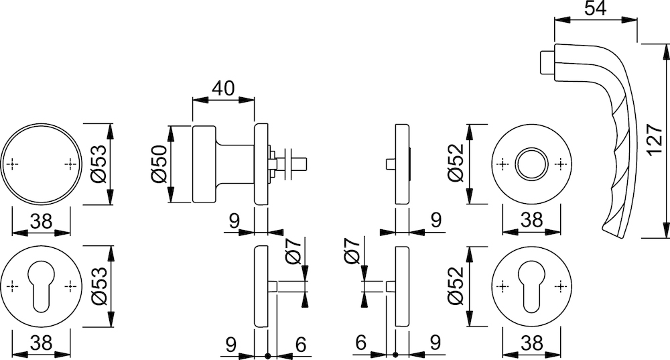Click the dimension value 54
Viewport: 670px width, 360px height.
click(594, 8)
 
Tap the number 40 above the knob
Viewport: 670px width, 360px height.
click(223, 88)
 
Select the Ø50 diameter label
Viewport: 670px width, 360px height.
click(159, 165)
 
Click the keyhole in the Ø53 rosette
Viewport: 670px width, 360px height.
click(41, 286)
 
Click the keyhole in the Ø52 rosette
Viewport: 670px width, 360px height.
click(531, 286)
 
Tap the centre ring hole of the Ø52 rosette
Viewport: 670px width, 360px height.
click(531, 165)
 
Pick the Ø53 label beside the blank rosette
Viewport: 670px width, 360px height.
click(98, 165)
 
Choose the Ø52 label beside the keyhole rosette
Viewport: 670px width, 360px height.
click(456, 286)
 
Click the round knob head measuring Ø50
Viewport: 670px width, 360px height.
click(204, 164)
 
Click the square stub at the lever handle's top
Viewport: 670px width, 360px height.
click(546, 62)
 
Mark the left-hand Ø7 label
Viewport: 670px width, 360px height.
click(352, 251)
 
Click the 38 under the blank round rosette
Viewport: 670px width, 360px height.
click(42, 221)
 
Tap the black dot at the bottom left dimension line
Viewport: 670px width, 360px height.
click(268, 355)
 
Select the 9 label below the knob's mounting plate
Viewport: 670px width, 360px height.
click(234, 221)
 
